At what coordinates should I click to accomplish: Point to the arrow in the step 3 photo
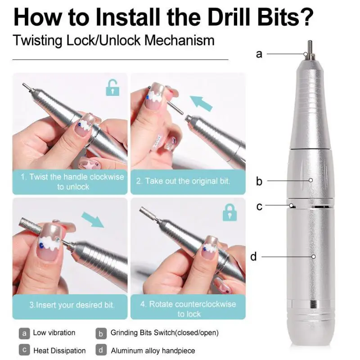tap(92, 220)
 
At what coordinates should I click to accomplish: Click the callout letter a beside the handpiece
tap(259, 54)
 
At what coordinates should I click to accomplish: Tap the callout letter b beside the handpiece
tap(259, 181)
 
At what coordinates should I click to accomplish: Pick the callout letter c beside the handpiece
tap(259, 207)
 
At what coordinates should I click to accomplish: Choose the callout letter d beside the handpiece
tap(253, 257)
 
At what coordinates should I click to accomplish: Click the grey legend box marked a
tap(24, 333)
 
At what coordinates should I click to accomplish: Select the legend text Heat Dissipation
tap(59, 350)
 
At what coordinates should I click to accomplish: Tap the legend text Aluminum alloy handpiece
tap(153, 350)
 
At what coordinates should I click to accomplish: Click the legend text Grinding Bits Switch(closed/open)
tap(164, 333)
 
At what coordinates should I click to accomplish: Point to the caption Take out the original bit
tap(183, 181)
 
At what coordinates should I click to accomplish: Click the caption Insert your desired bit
tap(72, 305)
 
